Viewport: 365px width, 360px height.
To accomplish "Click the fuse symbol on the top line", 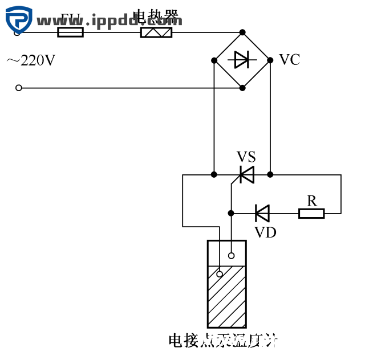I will click(71, 32).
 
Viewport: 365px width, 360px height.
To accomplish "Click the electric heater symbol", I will click(156, 32).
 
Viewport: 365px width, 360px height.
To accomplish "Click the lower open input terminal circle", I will click(19, 88).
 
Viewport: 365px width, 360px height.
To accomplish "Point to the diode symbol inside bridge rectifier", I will click(242, 59).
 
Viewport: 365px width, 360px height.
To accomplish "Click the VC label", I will click(289, 60).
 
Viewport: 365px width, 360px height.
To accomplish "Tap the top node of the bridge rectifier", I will click(242, 32).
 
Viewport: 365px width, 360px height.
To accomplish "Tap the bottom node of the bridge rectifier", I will click(242, 88).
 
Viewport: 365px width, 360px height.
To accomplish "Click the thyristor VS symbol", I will click(246, 174).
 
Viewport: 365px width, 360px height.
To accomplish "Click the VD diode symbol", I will click(262, 213).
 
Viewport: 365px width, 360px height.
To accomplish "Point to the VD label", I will click(265, 232).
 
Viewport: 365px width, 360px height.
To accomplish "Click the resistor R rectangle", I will click(311, 213).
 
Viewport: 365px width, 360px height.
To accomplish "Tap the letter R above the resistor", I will click(312, 201).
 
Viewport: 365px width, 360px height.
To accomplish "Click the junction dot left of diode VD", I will click(231, 213).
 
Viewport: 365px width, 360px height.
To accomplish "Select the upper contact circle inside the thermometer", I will click(232, 256).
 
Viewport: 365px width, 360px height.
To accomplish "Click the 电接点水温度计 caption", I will click(223, 341).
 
